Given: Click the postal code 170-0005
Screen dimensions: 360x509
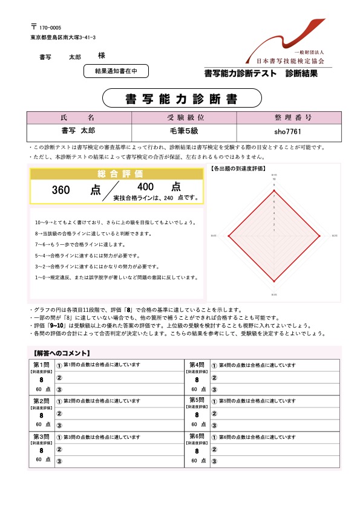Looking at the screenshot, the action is click(x=50, y=28).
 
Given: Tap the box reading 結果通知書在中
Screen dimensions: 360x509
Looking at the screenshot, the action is click(x=116, y=71).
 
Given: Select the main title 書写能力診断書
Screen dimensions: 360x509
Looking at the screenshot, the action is click(x=182, y=98).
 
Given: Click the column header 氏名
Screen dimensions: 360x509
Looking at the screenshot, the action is click(x=79, y=117).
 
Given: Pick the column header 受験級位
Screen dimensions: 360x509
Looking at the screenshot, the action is click(x=175, y=117).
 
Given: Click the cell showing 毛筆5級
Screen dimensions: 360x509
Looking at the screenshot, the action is click(x=175, y=131).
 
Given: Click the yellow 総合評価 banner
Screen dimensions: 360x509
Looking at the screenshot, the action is click(x=117, y=174).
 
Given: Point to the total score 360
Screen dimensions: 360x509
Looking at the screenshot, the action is click(x=61, y=190).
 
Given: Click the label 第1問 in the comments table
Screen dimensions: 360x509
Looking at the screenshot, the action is click(x=41, y=365).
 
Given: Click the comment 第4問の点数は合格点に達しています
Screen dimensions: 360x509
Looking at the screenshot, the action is click(x=257, y=365).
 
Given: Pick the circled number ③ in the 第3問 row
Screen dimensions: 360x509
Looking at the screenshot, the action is click(x=59, y=461).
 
